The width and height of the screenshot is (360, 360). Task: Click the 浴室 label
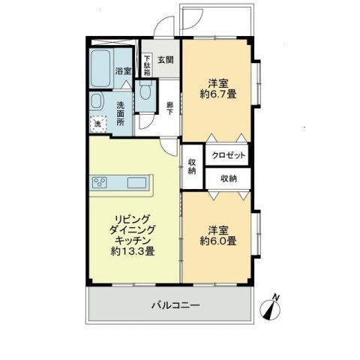tap(123, 71)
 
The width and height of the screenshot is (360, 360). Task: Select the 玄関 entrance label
tap(166, 61)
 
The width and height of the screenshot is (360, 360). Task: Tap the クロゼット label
tap(226, 154)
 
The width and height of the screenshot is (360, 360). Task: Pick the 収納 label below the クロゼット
tap(229, 178)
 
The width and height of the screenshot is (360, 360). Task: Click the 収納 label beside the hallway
tap(192, 166)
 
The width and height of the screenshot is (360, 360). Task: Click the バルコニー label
tap(175, 305)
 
